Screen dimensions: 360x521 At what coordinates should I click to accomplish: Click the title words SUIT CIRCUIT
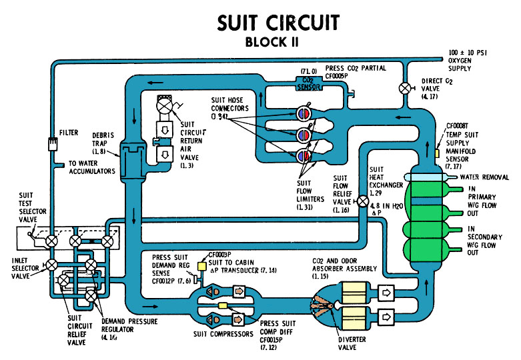pyautogui.click(x=278, y=23)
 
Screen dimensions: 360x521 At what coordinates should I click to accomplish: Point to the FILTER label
pyautogui.click(x=69, y=133)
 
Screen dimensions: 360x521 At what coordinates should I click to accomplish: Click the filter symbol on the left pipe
pyautogui.click(x=50, y=143)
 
